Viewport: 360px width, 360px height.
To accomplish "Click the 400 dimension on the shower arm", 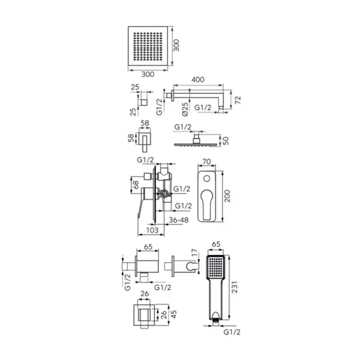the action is [198, 79].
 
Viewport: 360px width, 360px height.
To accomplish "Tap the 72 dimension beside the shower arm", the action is [238, 100].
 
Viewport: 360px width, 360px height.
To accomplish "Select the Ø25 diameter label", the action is [185, 109].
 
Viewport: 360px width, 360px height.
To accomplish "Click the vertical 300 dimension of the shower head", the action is [176, 45].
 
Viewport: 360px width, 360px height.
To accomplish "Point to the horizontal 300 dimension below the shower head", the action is [148, 74].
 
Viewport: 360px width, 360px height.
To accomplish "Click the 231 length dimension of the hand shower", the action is [234, 287].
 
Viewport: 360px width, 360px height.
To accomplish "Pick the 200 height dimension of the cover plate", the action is [227, 196].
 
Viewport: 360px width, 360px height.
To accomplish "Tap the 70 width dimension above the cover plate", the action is [207, 161].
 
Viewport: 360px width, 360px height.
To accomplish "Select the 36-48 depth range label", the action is [179, 220].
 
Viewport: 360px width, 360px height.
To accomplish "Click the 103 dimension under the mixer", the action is [152, 230].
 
